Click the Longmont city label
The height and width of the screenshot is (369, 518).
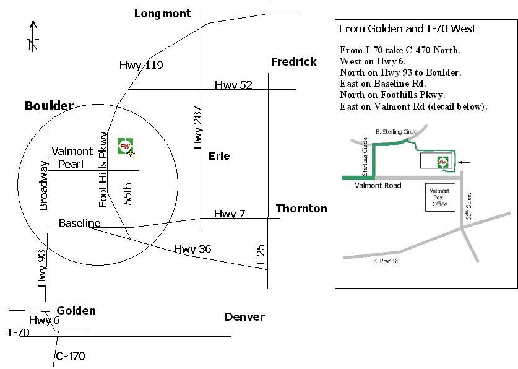[x=162, y=14]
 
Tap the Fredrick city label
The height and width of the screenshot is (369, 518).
[x=294, y=61]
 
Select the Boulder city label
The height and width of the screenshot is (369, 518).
[x=49, y=106]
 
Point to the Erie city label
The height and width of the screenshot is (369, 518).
[x=219, y=156]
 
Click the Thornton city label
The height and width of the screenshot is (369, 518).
[x=301, y=209]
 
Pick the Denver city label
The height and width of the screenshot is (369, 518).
[x=244, y=317]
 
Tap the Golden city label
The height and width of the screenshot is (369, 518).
[x=76, y=311]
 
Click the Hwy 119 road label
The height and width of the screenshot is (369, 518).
[x=141, y=65]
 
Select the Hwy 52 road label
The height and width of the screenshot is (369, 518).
[x=233, y=85]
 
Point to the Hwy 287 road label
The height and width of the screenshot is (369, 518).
[x=197, y=127]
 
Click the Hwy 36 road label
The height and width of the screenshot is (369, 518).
[x=192, y=249]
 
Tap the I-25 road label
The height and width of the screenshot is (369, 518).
[x=261, y=254]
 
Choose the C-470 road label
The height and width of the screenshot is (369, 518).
[x=71, y=356]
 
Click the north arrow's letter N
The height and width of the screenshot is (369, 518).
[x=33, y=45]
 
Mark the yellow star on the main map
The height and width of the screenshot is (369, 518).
[x=131, y=153]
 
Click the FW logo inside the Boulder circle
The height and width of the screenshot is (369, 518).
[x=125, y=146]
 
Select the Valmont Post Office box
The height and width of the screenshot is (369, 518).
[x=440, y=198]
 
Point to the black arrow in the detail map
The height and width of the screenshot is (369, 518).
[x=464, y=162]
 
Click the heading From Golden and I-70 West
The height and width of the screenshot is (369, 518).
[x=407, y=28]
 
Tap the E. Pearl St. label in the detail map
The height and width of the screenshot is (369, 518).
[x=386, y=261]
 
